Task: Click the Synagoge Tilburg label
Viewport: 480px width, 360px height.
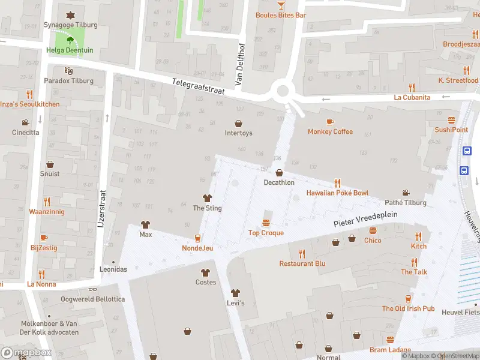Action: pyautogui.click(x=70, y=25)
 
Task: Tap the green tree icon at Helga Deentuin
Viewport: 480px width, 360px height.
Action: pyautogui.click(x=70, y=41)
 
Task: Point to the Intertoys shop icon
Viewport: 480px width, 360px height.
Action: pyautogui.click(x=238, y=122)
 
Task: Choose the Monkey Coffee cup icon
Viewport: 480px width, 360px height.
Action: pyautogui.click(x=330, y=122)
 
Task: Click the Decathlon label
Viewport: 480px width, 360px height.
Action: pyautogui.click(x=278, y=182)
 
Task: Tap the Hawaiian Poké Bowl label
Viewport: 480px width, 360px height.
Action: pyautogui.click(x=337, y=193)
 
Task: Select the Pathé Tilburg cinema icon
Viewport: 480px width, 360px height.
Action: pyautogui.click(x=406, y=193)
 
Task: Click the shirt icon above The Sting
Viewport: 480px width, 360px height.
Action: pyautogui.click(x=207, y=198)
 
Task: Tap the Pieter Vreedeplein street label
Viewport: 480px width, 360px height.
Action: pyautogui.click(x=365, y=222)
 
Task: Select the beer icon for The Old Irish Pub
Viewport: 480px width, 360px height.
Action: pyautogui.click(x=408, y=298)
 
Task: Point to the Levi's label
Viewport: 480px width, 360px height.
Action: pyautogui.click(x=235, y=303)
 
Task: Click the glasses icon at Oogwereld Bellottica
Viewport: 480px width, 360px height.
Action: pyautogui.click(x=93, y=289)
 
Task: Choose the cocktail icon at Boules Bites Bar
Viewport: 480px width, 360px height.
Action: pyautogui.click(x=281, y=5)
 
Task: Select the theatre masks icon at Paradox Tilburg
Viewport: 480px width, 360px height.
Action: pyautogui.click(x=69, y=70)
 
